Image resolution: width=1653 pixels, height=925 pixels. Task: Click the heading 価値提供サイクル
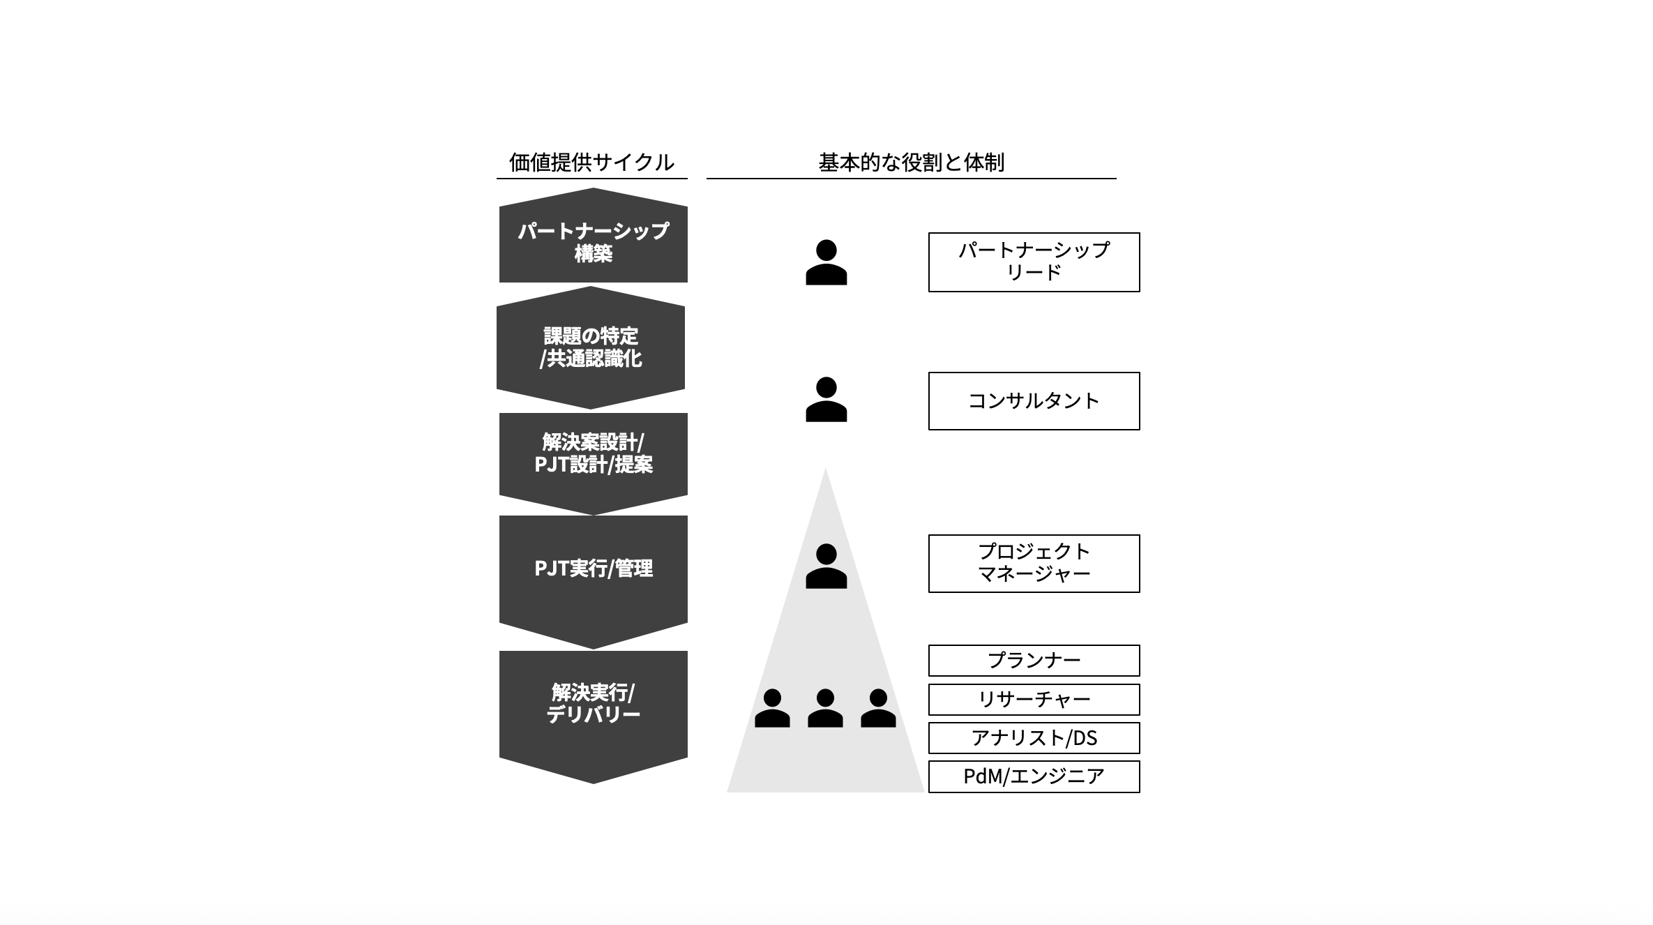591,163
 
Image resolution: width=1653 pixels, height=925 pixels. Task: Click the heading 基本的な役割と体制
911,163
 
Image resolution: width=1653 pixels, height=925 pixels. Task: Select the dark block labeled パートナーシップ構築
593,241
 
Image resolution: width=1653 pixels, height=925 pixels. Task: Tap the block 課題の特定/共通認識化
591,347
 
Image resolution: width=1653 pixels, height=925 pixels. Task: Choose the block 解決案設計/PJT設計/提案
593,453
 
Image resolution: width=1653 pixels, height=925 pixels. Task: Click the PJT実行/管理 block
593,569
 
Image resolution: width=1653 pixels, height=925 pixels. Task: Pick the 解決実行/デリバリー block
593,703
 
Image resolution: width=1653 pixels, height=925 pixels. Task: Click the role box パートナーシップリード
1034,262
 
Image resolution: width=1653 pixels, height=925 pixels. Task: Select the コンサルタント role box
1034,400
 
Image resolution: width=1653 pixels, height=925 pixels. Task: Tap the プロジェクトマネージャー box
1034,563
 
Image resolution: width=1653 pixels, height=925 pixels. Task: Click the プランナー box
1034,660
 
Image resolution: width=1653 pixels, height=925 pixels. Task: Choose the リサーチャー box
1034,699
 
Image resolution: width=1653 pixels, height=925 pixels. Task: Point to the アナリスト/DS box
1034,738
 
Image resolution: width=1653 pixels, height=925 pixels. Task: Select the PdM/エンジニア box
1034,776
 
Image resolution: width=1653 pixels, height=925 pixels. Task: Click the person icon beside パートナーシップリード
826,263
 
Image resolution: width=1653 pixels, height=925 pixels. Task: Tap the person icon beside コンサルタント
826,400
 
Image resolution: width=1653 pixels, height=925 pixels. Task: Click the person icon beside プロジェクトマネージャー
826,566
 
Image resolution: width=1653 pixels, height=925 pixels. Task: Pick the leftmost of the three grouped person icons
772,709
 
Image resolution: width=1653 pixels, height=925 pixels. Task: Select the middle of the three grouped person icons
825,709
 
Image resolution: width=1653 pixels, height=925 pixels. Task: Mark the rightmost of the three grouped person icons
878,709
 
